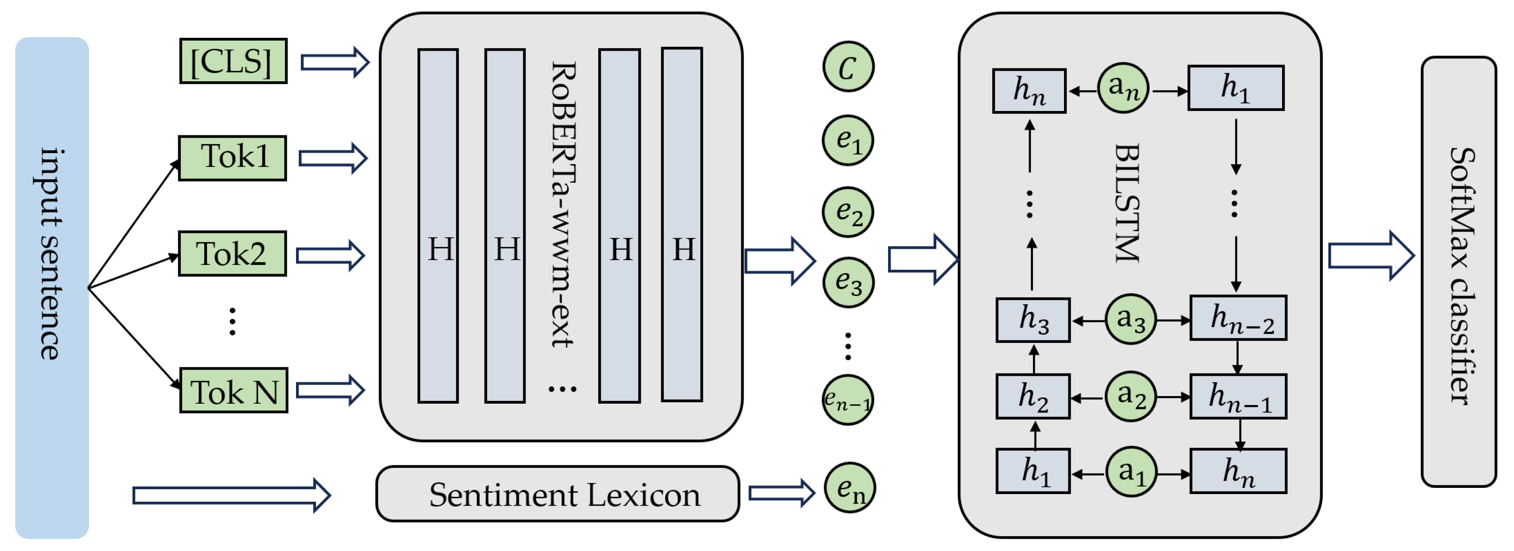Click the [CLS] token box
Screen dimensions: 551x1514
pyautogui.click(x=233, y=61)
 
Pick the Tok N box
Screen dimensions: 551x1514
pyautogui.click(x=233, y=390)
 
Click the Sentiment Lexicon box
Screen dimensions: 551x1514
pyautogui.click(x=557, y=494)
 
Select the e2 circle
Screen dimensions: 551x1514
pyautogui.click(x=847, y=212)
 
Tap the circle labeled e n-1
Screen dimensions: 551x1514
pyautogui.click(x=847, y=400)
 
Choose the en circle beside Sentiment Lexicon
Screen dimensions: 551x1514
pyautogui.click(x=849, y=487)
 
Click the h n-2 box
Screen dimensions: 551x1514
pyautogui.click(x=1239, y=318)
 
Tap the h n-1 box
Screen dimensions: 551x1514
pyautogui.click(x=1239, y=397)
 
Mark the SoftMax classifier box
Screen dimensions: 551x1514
pyautogui.click(x=1459, y=272)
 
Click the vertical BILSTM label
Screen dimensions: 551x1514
pyautogui.click(x=1127, y=203)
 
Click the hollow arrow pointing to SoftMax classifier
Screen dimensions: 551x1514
pyautogui.click(x=1371, y=256)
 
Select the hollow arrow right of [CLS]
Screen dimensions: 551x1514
pyautogui.click(x=334, y=62)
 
